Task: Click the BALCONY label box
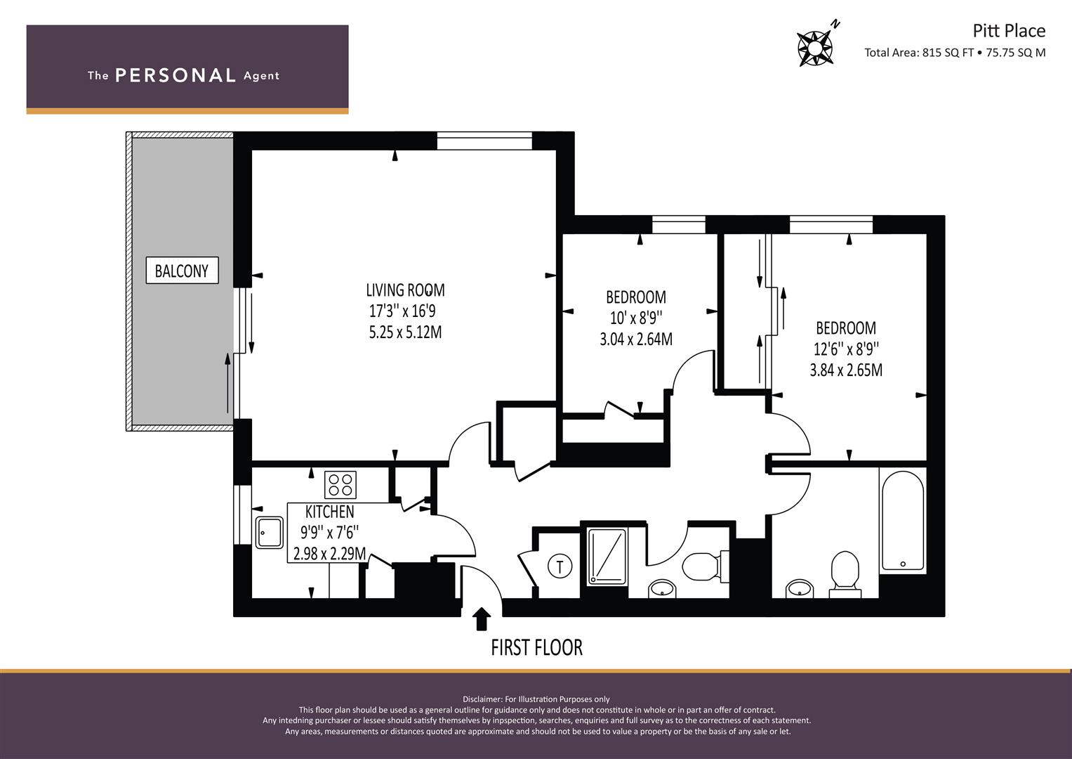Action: [x=182, y=271]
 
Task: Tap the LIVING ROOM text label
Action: [x=405, y=290]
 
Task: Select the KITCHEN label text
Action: [x=330, y=512]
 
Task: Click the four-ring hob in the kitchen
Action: [x=340, y=485]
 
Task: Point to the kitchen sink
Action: [x=270, y=533]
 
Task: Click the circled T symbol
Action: [x=560, y=566]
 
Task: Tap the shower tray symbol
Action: [x=607, y=557]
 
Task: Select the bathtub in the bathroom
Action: [x=903, y=520]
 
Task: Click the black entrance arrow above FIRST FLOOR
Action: [x=482, y=619]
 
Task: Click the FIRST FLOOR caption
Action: [x=537, y=648]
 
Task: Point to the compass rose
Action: [x=815, y=47]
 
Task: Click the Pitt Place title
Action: [x=1009, y=31]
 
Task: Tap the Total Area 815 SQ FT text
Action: [x=919, y=53]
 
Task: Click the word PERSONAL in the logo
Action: [x=176, y=75]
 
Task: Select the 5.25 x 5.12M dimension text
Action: [x=405, y=332]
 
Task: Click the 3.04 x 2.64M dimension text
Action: [x=636, y=339]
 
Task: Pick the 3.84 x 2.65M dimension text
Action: [x=846, y=370]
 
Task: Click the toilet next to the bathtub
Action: [x=845, y=574]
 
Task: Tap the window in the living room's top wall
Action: [x=484, y=141]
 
